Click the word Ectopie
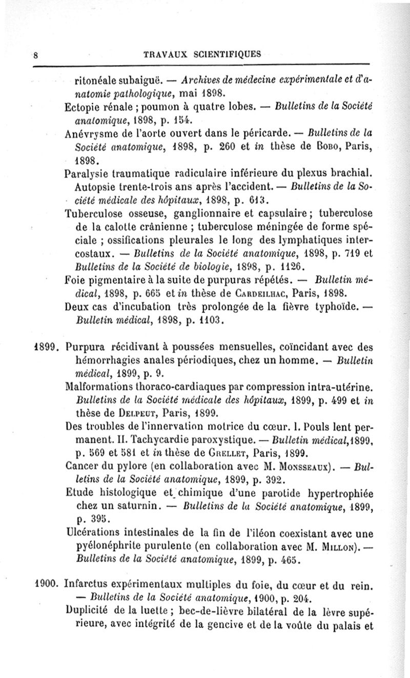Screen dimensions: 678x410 click(83, 109)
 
